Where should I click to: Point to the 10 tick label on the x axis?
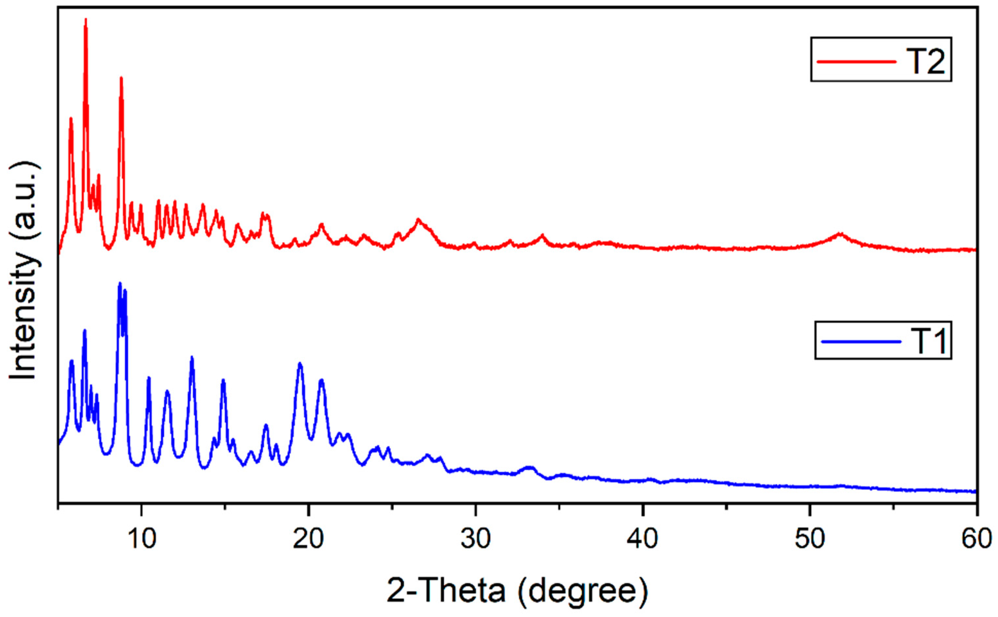pos(141,539)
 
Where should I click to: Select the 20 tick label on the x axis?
pos(309,539)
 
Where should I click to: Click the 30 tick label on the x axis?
pos(475,539)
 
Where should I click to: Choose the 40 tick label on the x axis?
pos(643,539)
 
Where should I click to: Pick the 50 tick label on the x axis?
pos(809,539)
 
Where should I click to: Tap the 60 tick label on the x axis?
pos(976,539)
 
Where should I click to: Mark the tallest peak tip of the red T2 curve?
pos(86,19)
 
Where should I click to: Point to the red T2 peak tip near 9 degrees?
pos(121,78)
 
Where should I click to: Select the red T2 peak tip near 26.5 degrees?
pos(418,219)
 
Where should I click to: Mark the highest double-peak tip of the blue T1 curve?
pos(120,283)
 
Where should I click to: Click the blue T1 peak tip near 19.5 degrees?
pos(300,363)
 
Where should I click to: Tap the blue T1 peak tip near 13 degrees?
pos(192,357)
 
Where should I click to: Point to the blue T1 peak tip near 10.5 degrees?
pos(149,378)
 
